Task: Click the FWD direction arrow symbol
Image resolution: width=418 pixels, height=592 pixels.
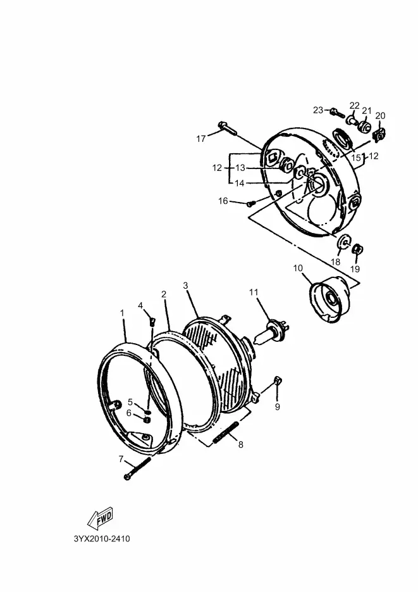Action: [101, 519]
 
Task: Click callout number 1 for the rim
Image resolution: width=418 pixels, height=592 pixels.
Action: [122, 313]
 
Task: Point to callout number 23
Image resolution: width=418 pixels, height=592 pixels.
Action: [318, 110]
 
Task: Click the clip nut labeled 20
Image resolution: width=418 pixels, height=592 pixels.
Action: [379, 134]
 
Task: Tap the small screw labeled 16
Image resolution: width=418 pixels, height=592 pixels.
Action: [251, 203]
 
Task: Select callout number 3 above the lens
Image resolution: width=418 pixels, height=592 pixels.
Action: [186, 286]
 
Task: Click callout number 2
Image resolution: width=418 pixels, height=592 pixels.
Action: [164, 294]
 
